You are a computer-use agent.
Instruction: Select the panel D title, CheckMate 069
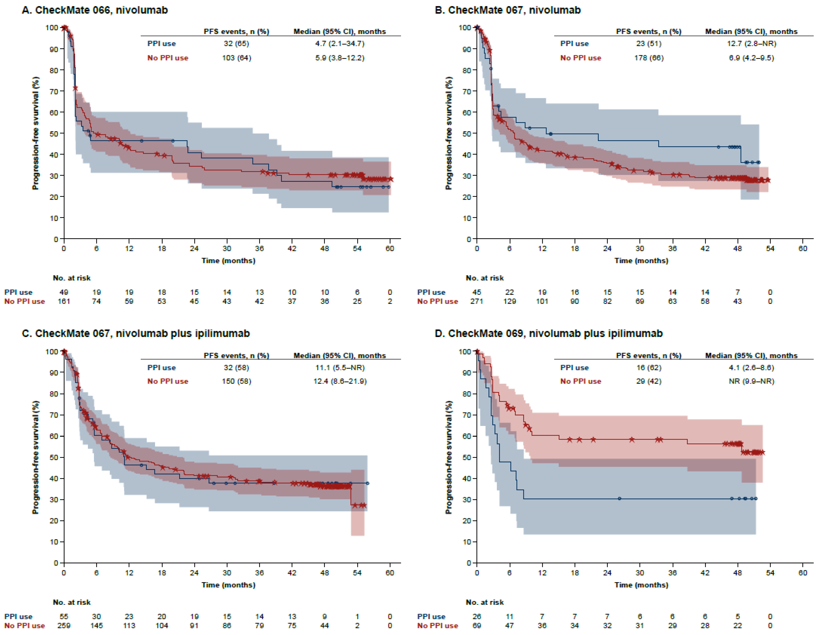coord(548,334)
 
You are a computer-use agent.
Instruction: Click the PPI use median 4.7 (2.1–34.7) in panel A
coord(340,44)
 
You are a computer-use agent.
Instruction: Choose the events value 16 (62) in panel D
coord(649,368)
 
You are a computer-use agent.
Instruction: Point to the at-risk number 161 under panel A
coord(64,301)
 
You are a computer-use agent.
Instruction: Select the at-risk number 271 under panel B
coord(477,301)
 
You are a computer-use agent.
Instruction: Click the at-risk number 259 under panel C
coord(64,625)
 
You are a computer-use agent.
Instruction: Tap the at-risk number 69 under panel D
coord(477,625)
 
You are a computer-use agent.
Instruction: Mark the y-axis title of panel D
coord(448,457)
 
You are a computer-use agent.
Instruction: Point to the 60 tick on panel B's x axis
coord(803,249)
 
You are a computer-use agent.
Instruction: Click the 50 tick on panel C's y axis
coord(54,457)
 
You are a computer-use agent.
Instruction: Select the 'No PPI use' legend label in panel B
coord(580,58)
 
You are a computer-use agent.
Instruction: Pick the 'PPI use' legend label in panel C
coord(161,368)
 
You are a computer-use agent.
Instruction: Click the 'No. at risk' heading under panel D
coord(485,602)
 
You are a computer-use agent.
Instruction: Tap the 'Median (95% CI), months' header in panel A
coord(340,32)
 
